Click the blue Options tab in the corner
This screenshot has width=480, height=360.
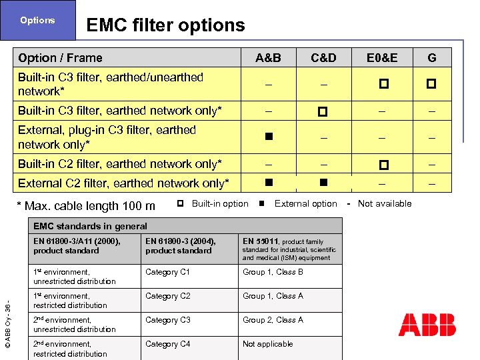point(37,21)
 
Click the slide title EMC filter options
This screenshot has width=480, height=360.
point(165,25)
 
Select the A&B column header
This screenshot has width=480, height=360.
point(268,58)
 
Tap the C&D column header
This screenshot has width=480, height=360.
point(323,58)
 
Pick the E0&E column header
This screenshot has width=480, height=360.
point(382,58)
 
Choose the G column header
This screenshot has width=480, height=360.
point(432,58)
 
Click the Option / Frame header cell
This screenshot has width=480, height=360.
point(61,58)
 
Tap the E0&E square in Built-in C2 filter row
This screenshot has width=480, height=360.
point(383,164)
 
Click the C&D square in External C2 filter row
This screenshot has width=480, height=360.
point(323,181)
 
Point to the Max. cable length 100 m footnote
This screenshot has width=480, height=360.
point(87,206)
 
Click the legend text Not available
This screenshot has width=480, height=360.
point(385,203)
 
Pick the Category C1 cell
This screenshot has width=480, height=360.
point(167,272)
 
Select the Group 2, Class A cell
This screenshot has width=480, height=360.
point(273,320)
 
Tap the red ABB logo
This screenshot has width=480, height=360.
point(427,325)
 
